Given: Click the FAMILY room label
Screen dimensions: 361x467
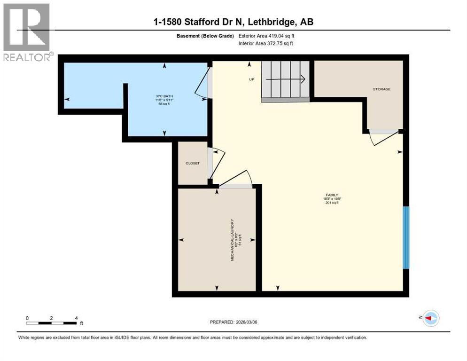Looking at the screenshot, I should point(333,195).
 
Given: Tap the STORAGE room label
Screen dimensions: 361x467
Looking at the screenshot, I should point(381,89).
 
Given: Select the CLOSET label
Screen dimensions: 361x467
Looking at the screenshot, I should point(193,163).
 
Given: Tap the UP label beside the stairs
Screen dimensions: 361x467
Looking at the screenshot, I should point(251,79).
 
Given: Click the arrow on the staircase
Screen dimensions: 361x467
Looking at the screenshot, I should point(287,79).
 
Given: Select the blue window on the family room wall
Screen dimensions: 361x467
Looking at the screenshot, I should point(406,237).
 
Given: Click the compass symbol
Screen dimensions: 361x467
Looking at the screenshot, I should point(430,318).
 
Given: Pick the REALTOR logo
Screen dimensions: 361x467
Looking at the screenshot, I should point(27,33).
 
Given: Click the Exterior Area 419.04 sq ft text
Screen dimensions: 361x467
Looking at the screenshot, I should point(268,36).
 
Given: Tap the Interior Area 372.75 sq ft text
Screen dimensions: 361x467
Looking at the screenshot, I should point(268,44).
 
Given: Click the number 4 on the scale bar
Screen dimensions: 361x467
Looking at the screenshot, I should point(76,318).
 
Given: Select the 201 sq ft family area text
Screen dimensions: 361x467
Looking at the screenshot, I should point(333,203).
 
